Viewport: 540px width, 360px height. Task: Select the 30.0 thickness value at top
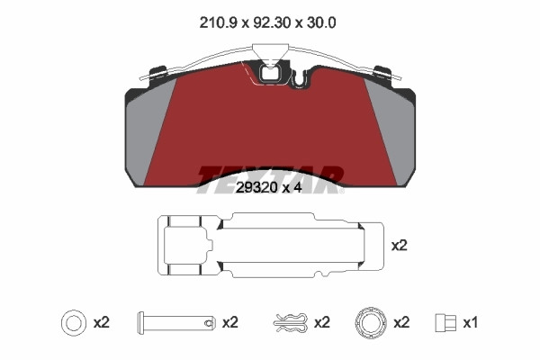321,23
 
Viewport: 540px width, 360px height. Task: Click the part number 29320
256,188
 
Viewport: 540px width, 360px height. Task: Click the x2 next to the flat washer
101,323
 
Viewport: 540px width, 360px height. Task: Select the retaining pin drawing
176,323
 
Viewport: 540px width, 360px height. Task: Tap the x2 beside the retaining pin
230,323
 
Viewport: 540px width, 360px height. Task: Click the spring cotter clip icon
291,323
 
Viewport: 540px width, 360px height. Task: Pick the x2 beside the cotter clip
322,323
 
